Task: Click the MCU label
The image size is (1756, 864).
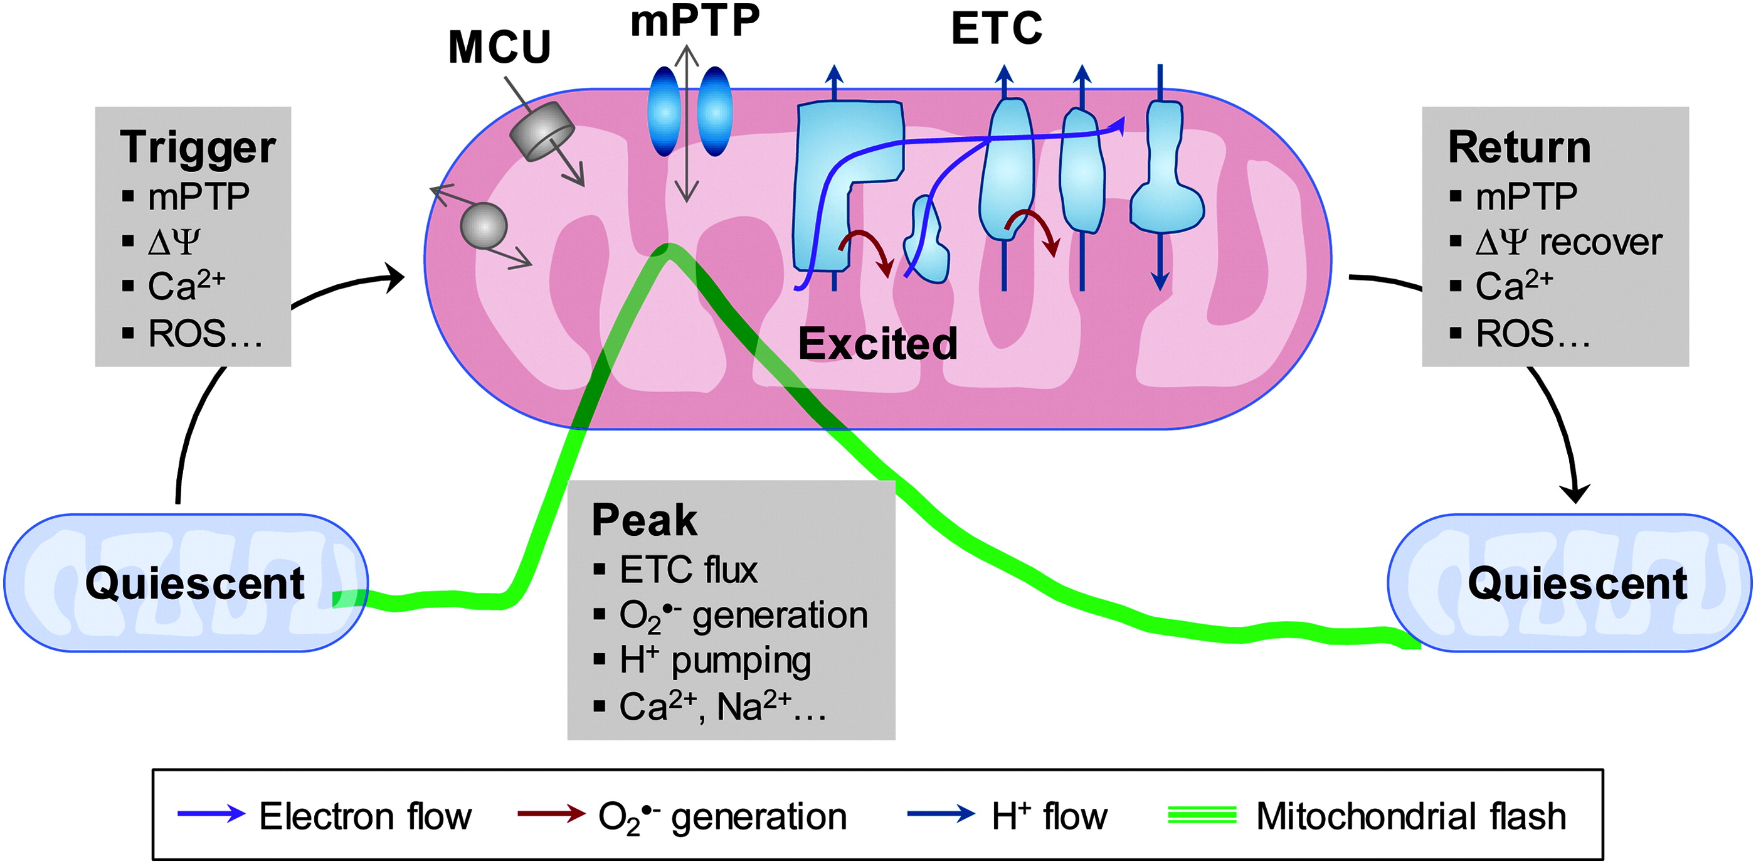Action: point(499,48)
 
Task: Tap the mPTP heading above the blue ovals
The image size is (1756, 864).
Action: point(695,21)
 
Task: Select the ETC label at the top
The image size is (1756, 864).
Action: point(997,29)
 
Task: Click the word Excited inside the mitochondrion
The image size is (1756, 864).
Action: point(877,344)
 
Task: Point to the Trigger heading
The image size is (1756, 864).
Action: point(198,147)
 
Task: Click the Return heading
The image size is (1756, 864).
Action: point(1519,147)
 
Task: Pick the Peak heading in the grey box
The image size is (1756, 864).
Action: point(644,520)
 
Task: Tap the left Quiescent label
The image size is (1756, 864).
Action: point(194,584)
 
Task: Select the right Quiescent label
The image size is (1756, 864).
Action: point(1577,584)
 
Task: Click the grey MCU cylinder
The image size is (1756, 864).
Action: point(542,131)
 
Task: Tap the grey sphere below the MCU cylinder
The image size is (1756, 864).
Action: point(484,226)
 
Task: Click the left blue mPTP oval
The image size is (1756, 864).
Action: point(664,112)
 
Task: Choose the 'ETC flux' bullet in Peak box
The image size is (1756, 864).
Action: point(688,570)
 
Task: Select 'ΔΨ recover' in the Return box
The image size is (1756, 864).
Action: point(1568,242)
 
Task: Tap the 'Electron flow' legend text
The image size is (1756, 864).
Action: point(365,816)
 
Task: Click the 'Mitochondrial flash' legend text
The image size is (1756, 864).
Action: point(1411,816)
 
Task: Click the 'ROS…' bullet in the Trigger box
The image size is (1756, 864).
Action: point(204,334)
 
